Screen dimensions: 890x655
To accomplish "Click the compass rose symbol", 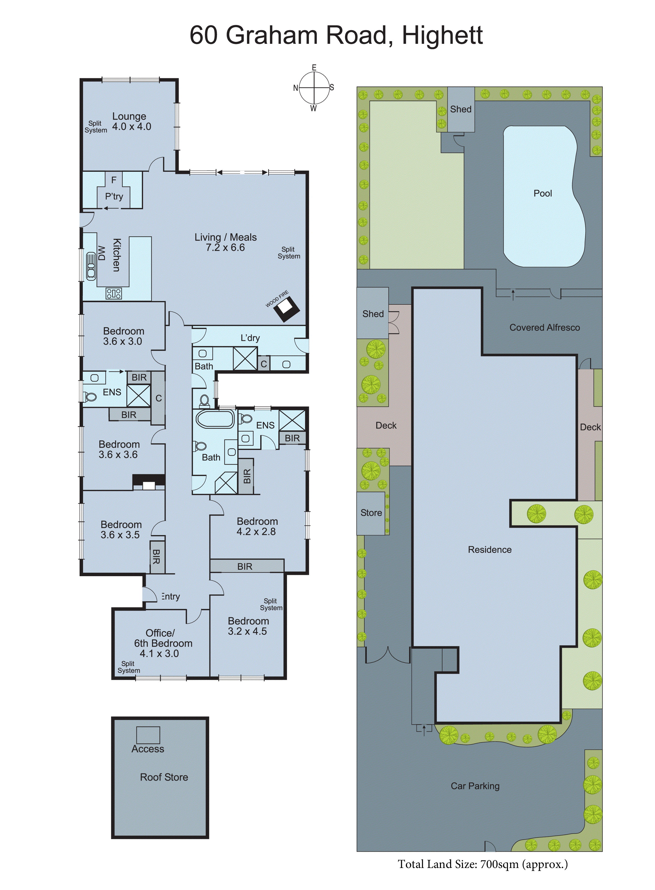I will click(x=314, y=88).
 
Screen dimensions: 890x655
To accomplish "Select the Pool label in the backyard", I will click(x=542, y=193).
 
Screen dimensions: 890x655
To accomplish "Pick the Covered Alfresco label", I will click(x=544, y=327).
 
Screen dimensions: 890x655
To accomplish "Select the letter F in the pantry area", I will click(x=114, y=180).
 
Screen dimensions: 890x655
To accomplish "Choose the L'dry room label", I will click(x=250, y=338).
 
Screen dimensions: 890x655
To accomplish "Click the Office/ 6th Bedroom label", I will click(x=163, y=643).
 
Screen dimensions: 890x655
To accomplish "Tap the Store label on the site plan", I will click(x=371, y=513).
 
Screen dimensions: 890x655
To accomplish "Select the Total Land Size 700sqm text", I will click(x=482, y=865).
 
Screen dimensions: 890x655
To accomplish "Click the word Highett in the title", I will click(x=442, y=35).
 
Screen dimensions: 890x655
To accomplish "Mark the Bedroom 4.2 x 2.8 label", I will click(x=257, y=526).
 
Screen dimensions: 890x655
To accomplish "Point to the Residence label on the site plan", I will click(x=490, y=550).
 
